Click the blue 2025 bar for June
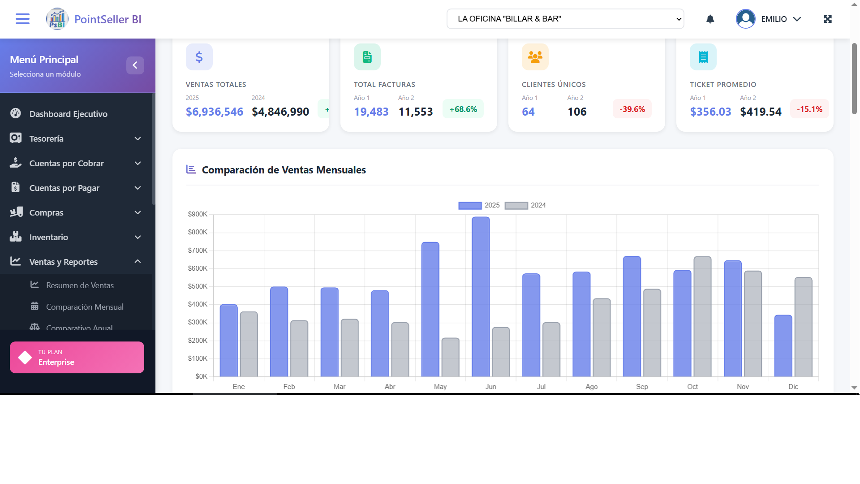pyautogui.click(x=481, y=297)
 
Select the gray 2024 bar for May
pyautogui.click(x=450, y=357)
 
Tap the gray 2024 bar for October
pyautogui.click(x=702, y=316)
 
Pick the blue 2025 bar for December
pyautogui.click(x=783, y=346)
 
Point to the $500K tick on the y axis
pyautogui.click(x=198, y=286)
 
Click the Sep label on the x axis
pyautogui.click(x=642, y=387)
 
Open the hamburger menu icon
pyautogui.click(x=22, y=19)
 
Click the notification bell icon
pyautogui.click(x=710, y=19)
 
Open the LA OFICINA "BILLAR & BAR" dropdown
pyautogui.click(x=565, y=19)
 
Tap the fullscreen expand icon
pyautogui.click(x=827, y=19)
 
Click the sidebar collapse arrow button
pyautogui.click(x=135, y=65)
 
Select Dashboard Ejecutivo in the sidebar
pyautogui.click(x=68, y=114)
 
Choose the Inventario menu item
pyautogui.click(x=48, y=237)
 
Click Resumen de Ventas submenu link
pyautogui.click(x=80, y=285)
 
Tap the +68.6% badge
pyautogui.click(x=463, y=109)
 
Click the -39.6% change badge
pyautogui.click(x=632, y=109)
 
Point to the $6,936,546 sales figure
pyautogui.click(x=215, y=112)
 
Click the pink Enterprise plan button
pyautogui.click(x=77, y=357)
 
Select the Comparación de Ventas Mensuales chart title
pyautogui.click(x=284, y=170)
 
